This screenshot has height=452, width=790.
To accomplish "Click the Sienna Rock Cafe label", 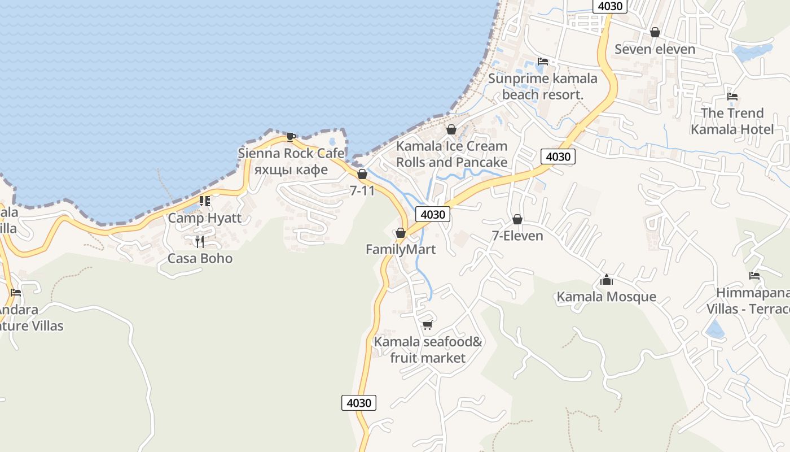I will (x=291, y=153).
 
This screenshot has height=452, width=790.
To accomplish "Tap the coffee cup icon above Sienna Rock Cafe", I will (x=291, y=136).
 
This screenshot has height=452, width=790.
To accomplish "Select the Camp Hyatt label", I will (x=204, y=218).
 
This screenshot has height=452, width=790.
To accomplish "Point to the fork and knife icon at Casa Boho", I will (x=199, y=242).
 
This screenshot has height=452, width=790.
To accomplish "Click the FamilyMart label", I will (x=401, y=249).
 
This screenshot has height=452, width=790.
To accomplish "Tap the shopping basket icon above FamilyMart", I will (x=401, y=233).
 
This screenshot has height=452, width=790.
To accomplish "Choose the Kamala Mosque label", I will (x=607, y=297).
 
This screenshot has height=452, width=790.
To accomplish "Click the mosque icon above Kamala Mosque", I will (x=607, y=280).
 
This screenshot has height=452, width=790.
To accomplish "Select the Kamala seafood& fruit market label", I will (x=428, y=350).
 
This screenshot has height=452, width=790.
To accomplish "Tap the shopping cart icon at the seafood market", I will (x=428, y=325).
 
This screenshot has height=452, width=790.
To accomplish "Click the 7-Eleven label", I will (x=517, y=236).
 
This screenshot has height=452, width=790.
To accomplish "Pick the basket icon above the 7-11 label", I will (x=362, y=174).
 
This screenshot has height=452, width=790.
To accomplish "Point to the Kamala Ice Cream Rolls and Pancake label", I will (x=451, y=154).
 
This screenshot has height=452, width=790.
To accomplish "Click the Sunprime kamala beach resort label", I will (x=543, y=86).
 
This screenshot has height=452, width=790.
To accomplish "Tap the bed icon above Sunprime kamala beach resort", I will (x=543, y=61).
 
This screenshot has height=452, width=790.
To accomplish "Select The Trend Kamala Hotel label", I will (x=732, y=121).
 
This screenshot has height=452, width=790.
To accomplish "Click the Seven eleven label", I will (x=655, y=49).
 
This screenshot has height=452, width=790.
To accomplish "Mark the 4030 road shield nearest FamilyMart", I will (x=433, y=214).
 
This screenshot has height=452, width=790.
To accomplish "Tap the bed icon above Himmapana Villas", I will (x=754, y=276).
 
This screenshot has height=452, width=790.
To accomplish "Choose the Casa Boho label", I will (x=200, y=258).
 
